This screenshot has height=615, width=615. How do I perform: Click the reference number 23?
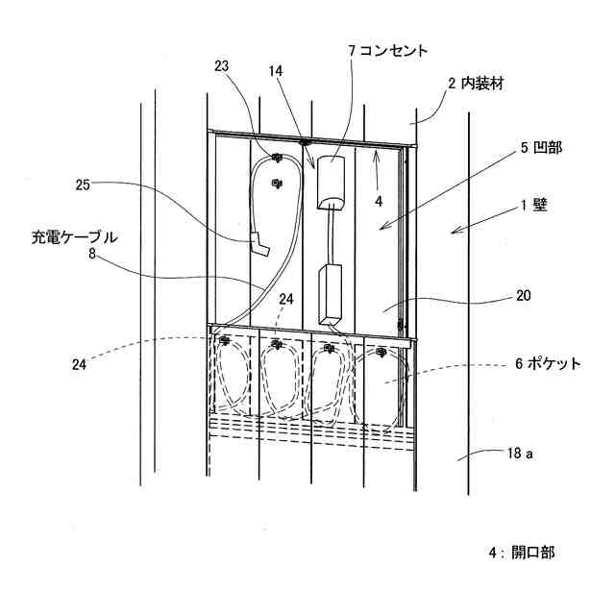[222, 66]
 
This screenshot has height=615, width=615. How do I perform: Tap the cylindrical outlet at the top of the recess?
[331, 182]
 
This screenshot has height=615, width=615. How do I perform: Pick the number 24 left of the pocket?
[79, 363]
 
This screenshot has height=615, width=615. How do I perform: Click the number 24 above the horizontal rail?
[284, 300]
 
